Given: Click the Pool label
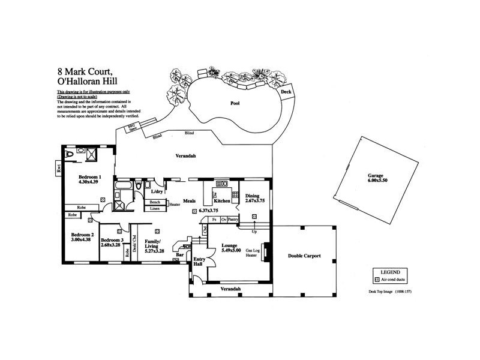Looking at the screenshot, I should (x=235, y=104).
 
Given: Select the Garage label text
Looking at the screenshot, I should (x=376, y=176).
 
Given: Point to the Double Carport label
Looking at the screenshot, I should (x=304, y=256).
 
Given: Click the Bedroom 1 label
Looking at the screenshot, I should (x=90, y=178).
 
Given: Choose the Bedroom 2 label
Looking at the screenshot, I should (x=82, y=235).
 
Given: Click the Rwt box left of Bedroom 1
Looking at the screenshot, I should (x=58, y=168).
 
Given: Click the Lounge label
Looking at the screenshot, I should (x=230, y=246).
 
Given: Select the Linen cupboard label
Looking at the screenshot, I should (x=155, y=209).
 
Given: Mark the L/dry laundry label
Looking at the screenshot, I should (x=158, y=191).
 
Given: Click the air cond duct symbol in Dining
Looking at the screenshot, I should (x=254, y=216).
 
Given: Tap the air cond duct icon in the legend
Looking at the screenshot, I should (x=377, y=280).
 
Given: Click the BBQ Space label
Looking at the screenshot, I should (x=131, y=127).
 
